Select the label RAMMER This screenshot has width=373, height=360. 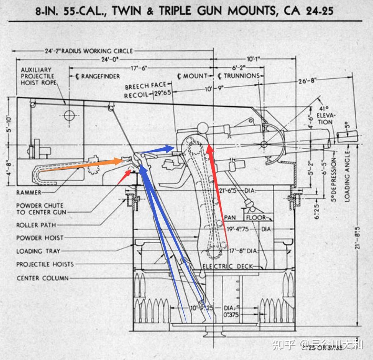coord(29,193)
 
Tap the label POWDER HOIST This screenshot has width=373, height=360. coord(40,238)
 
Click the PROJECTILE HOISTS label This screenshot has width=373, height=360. coord(45,264)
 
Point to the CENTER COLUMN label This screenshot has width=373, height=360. coord(43,278)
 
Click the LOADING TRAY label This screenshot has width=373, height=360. coord(38,251)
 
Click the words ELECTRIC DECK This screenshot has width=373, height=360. coord(228,266)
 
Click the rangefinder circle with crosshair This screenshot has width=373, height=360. coord(70,115)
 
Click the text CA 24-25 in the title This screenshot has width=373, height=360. coord(308,11)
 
